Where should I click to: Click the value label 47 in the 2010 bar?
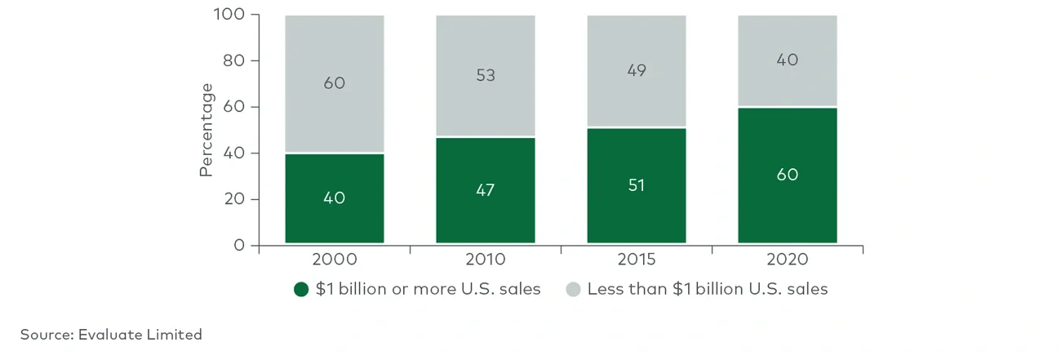coord(485,189)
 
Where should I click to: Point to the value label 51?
coord(636,185)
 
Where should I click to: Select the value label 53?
coord(485,75)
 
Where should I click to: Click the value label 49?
coord(636,70)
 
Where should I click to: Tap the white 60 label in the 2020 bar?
coord(787,175)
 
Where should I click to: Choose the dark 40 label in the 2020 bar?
coord(787,60)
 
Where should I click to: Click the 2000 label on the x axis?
coord(334,260)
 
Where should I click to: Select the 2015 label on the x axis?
coord(636,260)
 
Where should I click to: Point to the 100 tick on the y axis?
coord(229,15)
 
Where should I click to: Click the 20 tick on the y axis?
coord(233,199)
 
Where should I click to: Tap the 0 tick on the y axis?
coord(238,246)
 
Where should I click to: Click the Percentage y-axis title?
coord(206,130)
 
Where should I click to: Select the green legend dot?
coord(301,290)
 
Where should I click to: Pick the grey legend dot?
coord(573,290)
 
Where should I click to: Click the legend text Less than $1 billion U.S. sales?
coord(707,289)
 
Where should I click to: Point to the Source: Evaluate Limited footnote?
coord(111,335)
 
